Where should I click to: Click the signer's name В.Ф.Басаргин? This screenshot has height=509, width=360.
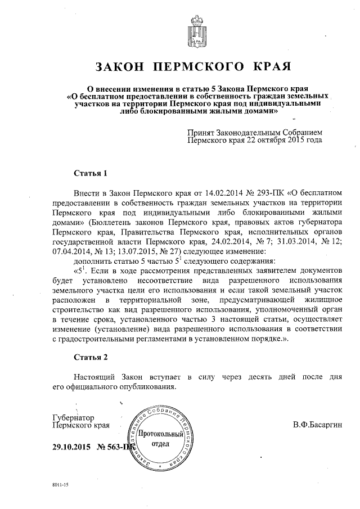317,423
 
